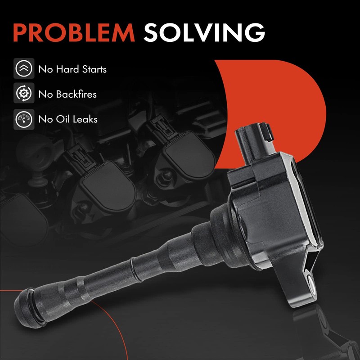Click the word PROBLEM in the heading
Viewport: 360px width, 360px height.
74,32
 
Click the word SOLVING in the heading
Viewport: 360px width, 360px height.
204,32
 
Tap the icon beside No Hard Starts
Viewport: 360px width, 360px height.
24,68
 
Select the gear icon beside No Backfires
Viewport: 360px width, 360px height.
24,93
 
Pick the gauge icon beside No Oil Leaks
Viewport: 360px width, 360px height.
24,119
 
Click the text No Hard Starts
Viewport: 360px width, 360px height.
72,69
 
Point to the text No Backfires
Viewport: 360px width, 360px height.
67,94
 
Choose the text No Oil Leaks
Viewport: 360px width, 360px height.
68,119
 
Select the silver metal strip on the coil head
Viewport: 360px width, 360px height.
303,202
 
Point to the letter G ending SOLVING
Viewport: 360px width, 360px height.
255,32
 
